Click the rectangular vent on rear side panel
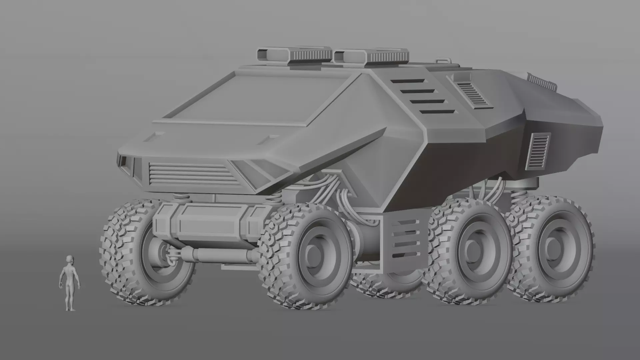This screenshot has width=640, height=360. (x=538, y=150)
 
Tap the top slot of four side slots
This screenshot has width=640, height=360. (x=407, y=81)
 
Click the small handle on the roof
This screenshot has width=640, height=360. (x=443, y=61)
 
